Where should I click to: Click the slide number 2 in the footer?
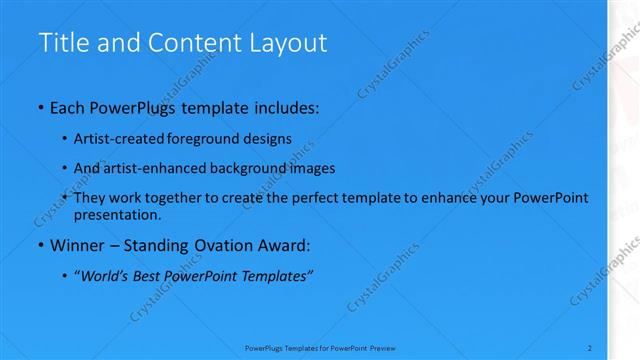590,347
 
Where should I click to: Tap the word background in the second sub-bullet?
263,168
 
